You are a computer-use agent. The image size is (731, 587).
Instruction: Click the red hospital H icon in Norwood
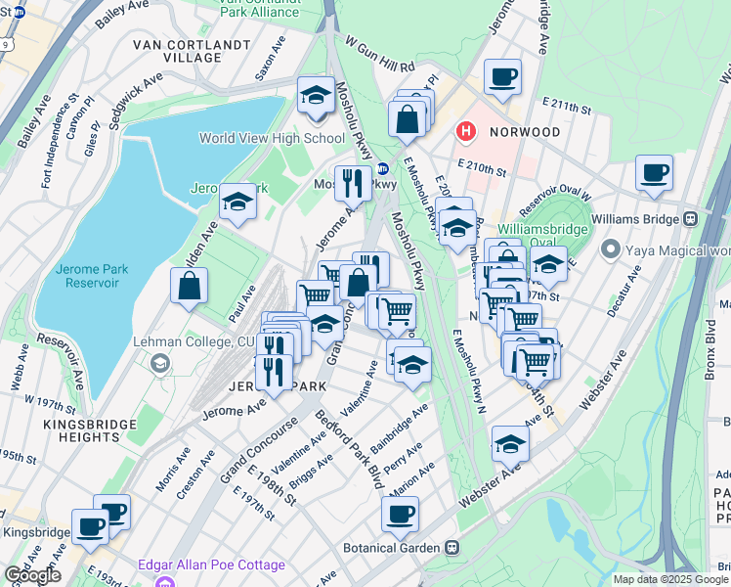click(466, 131)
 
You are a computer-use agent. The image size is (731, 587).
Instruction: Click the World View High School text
click(272, 138)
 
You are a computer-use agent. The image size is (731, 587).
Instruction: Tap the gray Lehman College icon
click(157, 364)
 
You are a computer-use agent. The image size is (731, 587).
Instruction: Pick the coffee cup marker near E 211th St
click(502, 76)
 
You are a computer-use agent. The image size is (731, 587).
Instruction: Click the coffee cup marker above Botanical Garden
click(400, 514)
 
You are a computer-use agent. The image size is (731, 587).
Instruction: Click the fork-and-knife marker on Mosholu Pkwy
click(352, 181)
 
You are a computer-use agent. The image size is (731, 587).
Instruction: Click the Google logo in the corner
click(32, 575)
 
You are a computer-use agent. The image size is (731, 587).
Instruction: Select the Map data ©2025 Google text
click(669, 579)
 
